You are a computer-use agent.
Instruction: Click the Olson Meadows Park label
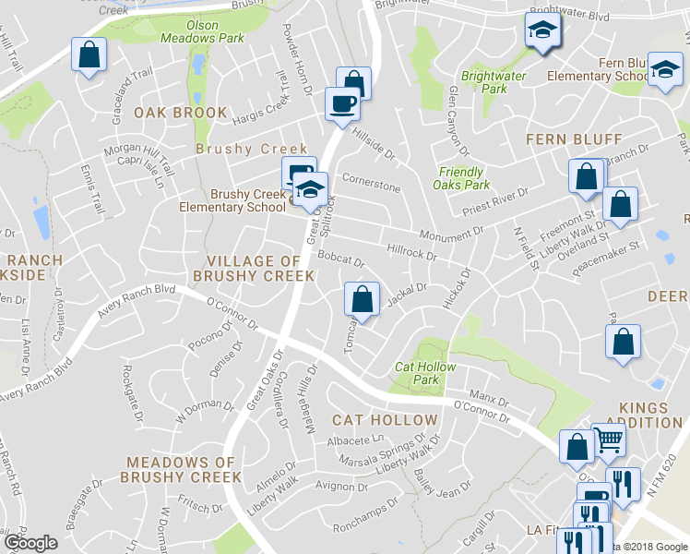click(x=189, y=32)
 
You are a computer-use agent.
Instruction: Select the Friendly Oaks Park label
click(x=461, y=178)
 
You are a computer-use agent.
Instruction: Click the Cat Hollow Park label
click(x=425, y=373)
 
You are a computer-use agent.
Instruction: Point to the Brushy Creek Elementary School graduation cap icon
click(x=312, y=189)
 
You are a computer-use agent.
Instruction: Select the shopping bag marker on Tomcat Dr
click(x=363, y=299)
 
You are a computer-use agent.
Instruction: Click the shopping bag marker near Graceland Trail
click(x=89, y=54)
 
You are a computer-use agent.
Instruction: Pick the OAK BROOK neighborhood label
click(x=180, y=113)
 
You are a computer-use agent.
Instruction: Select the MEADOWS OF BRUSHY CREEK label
click(x=184, y=469)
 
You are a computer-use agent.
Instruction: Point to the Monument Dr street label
click(x=451, y=235)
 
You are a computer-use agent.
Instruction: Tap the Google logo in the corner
click(x=30, y=543)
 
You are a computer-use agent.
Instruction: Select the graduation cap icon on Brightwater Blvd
click(x=541, y=30)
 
